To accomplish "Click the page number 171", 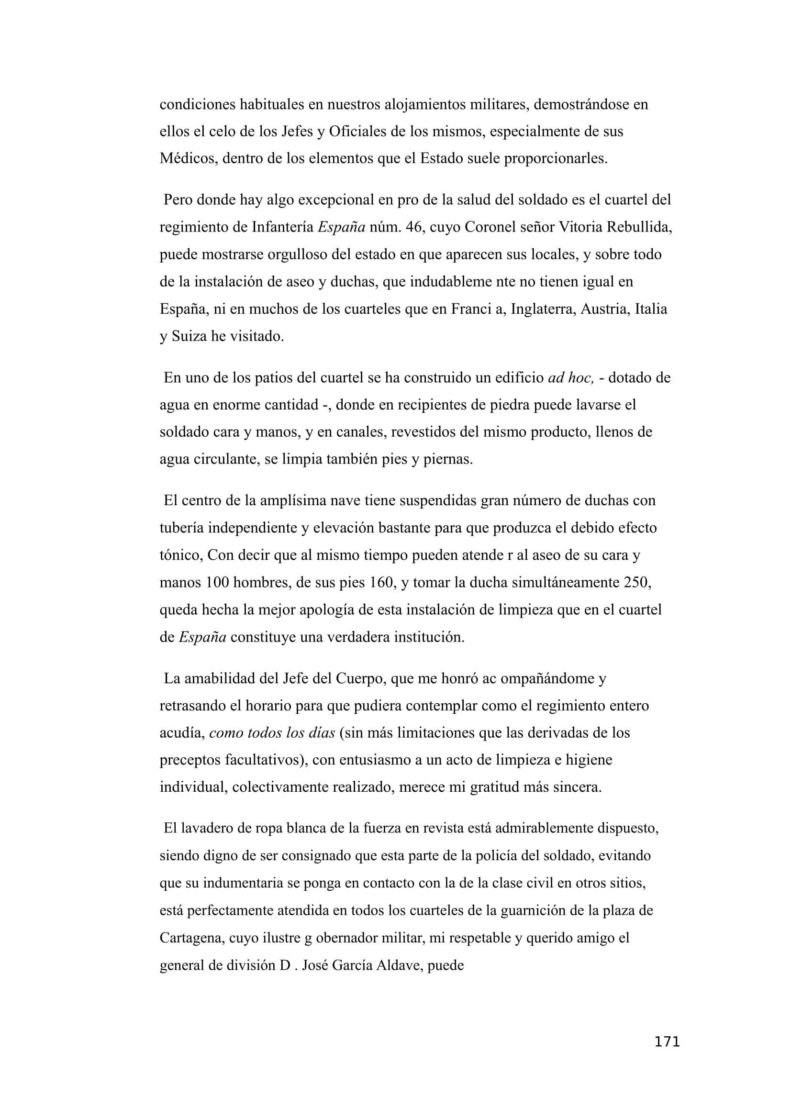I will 666,1042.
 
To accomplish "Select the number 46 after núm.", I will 414,228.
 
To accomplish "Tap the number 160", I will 380,583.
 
